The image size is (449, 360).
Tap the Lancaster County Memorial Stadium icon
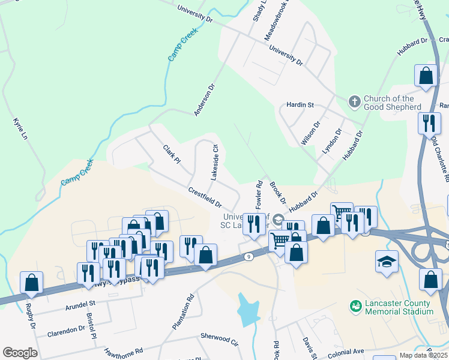point(355,306)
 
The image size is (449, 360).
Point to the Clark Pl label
point(171,154)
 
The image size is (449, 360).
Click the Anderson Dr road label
point(204,100)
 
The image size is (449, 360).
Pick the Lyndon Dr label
point(332,140)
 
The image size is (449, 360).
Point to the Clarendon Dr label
point(66,330)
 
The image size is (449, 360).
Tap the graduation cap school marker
point(387,262)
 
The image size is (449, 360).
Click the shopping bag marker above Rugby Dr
point(31,282)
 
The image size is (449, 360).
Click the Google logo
point(20,353)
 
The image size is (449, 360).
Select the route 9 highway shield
point(249,256)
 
